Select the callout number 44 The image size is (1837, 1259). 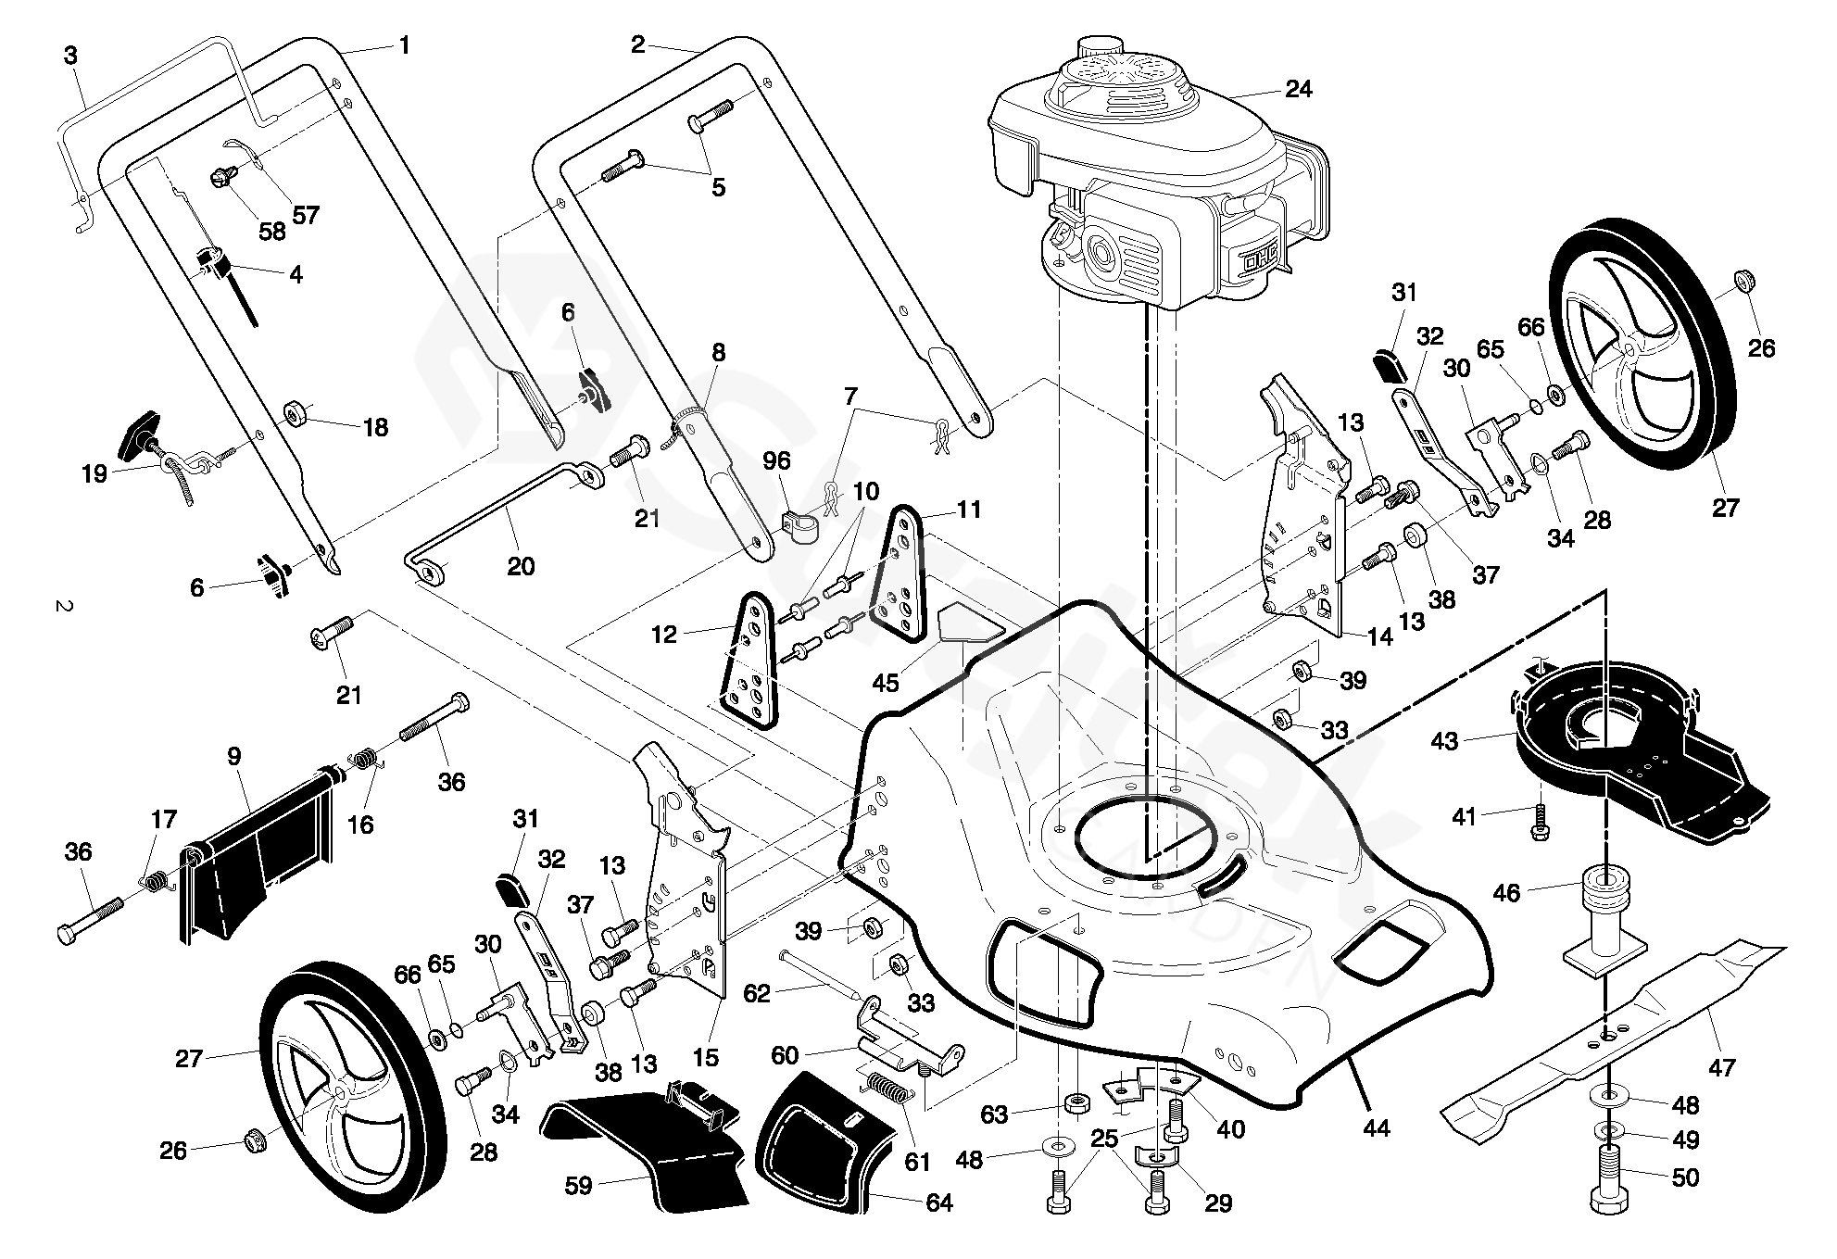point(1377,1128)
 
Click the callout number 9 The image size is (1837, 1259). point(233,757)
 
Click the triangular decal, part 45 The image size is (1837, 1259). point(970,623)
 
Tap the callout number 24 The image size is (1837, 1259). point(1299,89)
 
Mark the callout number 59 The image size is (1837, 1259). point(578,1185)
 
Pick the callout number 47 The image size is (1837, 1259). point(1721,1067)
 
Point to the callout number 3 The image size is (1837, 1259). point(70,55)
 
